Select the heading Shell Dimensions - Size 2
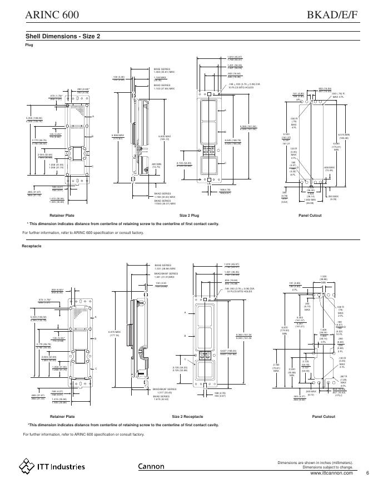click(63, 36)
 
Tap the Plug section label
click(29, 44)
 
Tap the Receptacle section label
click(32, 245)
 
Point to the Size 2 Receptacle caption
click(188, 416)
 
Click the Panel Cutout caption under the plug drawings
click(310, 215)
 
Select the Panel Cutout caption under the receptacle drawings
click(324, 416)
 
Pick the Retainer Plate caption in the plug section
click(62, 215)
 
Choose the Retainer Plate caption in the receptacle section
click(62, 416)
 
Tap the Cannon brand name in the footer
click(151, 467)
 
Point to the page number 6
click(367, 473)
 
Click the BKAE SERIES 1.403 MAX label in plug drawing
click(165, 71)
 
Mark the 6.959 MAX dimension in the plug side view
click(117, 136)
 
